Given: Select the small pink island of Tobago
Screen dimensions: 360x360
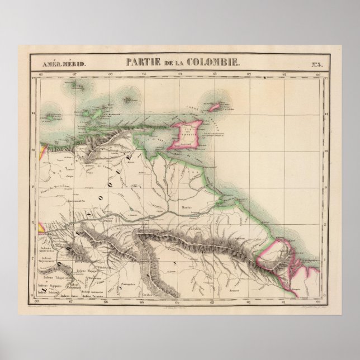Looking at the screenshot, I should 214,106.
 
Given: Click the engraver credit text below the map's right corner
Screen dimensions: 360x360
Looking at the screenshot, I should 302,309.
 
